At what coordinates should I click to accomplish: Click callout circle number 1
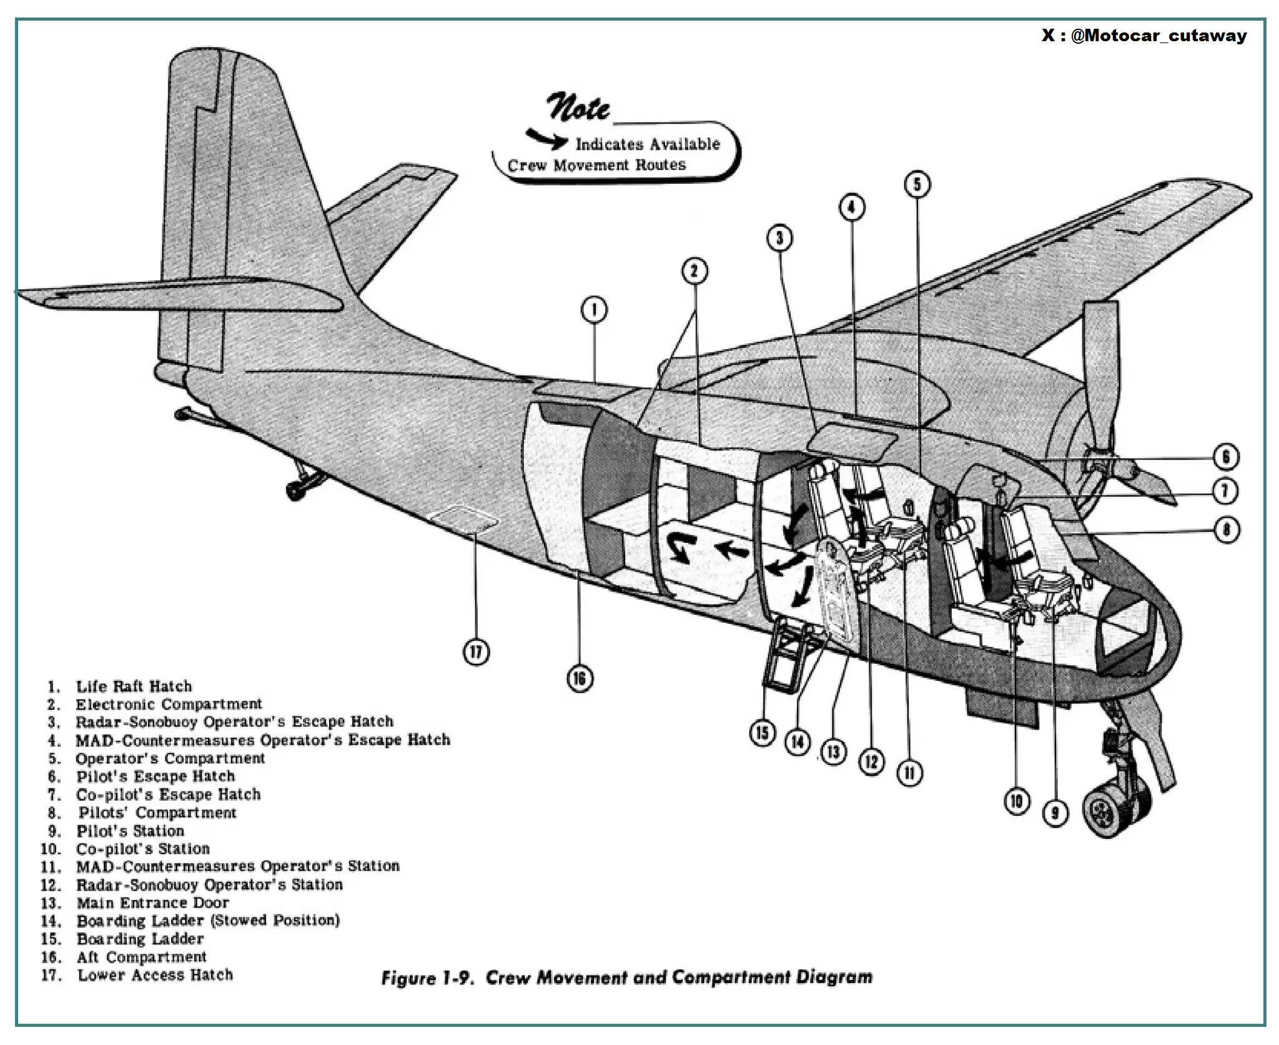594,310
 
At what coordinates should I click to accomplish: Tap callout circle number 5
917,184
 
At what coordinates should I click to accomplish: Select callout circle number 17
476,652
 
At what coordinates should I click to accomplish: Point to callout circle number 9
1055,813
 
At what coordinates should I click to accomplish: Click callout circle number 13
833,752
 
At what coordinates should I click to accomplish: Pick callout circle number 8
1226,530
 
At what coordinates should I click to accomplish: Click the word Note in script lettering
578,107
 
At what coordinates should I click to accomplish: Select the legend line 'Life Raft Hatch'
133,686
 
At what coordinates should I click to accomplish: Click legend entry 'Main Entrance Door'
152,903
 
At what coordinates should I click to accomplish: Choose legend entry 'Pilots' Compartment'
157,813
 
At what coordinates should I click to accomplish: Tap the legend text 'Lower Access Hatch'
155,975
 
